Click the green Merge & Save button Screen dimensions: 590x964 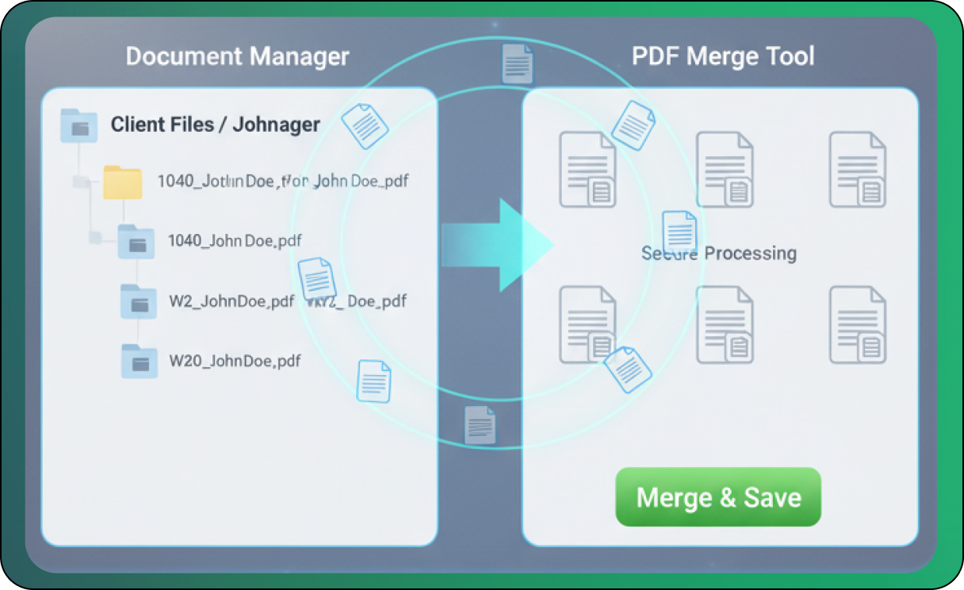coord(718,497)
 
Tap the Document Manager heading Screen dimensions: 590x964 coord(237,57)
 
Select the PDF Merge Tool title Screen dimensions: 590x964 coord(723,57)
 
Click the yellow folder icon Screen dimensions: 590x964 coord(122,182)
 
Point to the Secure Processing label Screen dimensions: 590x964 coord(718,254)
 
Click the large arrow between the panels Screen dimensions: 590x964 coord(497,244)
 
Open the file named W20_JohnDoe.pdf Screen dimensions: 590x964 coord(235,361)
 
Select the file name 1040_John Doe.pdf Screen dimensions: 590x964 coord(235,240)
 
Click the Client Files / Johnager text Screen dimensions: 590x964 coord(215,125)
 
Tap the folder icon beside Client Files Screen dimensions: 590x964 coord(78,126)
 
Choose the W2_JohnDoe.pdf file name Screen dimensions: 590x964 coord(231,301)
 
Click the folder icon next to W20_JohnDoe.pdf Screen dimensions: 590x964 coord(140,361)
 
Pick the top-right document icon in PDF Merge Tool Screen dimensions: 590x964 coord(858,170)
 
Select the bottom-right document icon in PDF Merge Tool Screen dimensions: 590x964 coord(858,325)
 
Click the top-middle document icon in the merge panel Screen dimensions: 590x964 coord(725,170)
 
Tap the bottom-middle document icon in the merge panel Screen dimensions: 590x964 coord(725,325)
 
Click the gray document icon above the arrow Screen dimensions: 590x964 coord(517,63)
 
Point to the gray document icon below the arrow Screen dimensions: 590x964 coord(480,425)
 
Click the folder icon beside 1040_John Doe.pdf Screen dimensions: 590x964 coord(136,241)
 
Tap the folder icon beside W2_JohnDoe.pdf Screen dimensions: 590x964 coord(139,301)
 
